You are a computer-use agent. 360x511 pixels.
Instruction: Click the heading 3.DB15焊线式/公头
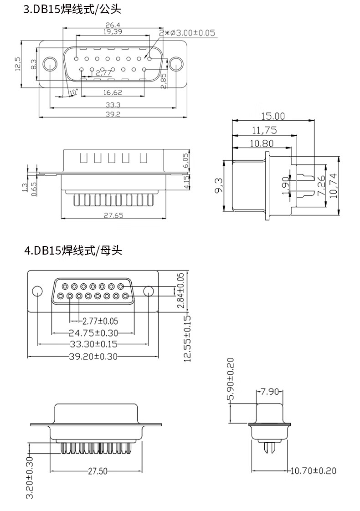click(x=72, y=9)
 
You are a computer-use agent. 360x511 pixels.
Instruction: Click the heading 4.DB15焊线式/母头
click(x=73, y=250)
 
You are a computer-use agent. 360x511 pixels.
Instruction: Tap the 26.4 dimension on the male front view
click(x=113, y=25)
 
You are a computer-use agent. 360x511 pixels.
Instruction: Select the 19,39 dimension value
click(x=113, y=31)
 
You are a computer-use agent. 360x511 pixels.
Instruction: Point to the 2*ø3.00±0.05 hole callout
click(x=187, y=33)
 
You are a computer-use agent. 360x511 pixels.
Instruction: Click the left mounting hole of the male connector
click(x=50, y=64)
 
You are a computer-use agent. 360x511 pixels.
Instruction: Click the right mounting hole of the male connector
click(x=176, y=64)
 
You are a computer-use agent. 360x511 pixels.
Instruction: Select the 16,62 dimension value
click(x=113, y=92)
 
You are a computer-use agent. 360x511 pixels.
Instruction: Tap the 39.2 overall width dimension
click(x=113, y=114)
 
